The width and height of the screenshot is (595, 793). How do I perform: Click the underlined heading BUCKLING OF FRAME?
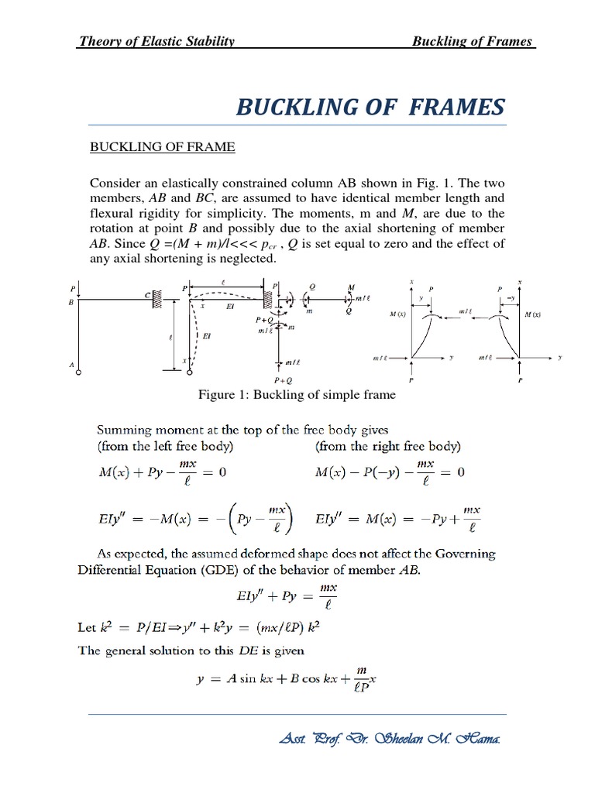(x=163, y=147)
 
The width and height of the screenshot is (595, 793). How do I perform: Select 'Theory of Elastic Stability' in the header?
(x=156, y=41)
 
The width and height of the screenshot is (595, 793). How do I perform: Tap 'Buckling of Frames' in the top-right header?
(x=473, y=41)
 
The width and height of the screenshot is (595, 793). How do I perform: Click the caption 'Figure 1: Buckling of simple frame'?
(x=297, y=395)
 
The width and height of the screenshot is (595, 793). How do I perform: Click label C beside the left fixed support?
(x=146, y=295)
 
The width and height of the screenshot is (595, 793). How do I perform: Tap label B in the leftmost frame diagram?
(x=71, y=303)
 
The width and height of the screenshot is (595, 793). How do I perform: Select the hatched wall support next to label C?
(x=156, y=297)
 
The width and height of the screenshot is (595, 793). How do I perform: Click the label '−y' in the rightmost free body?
(x=511, y=297)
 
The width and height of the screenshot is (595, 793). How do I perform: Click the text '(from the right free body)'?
(x=387, y=447)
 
